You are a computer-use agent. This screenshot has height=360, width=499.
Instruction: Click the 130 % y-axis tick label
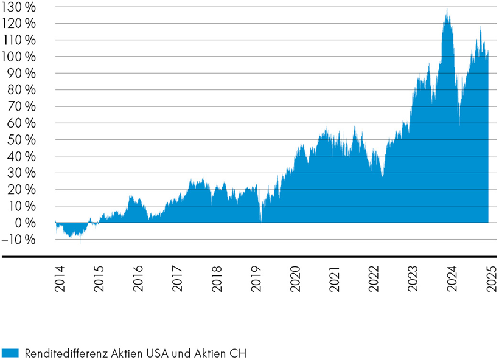[x=20, y=7]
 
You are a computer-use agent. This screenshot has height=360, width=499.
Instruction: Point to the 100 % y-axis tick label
[x=20, y=57]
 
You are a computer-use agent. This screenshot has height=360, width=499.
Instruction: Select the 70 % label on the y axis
[x=23, y=106]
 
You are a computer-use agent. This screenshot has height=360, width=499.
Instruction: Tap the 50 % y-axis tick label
[x=23, y=140]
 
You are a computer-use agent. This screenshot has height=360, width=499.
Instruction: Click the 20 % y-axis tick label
[x=23, y=190]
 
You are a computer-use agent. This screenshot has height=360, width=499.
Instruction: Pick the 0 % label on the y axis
[x=26, y=223]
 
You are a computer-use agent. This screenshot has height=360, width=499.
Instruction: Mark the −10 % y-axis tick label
[x=20, y=240]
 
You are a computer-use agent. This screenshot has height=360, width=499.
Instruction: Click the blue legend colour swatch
[x=10, y=353]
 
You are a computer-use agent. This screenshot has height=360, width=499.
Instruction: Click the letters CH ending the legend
[x=242, y=353]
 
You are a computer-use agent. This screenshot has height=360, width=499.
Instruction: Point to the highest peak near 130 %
[x=447, y=10]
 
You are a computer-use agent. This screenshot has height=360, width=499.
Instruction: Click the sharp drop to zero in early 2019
[x=261, y=219]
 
